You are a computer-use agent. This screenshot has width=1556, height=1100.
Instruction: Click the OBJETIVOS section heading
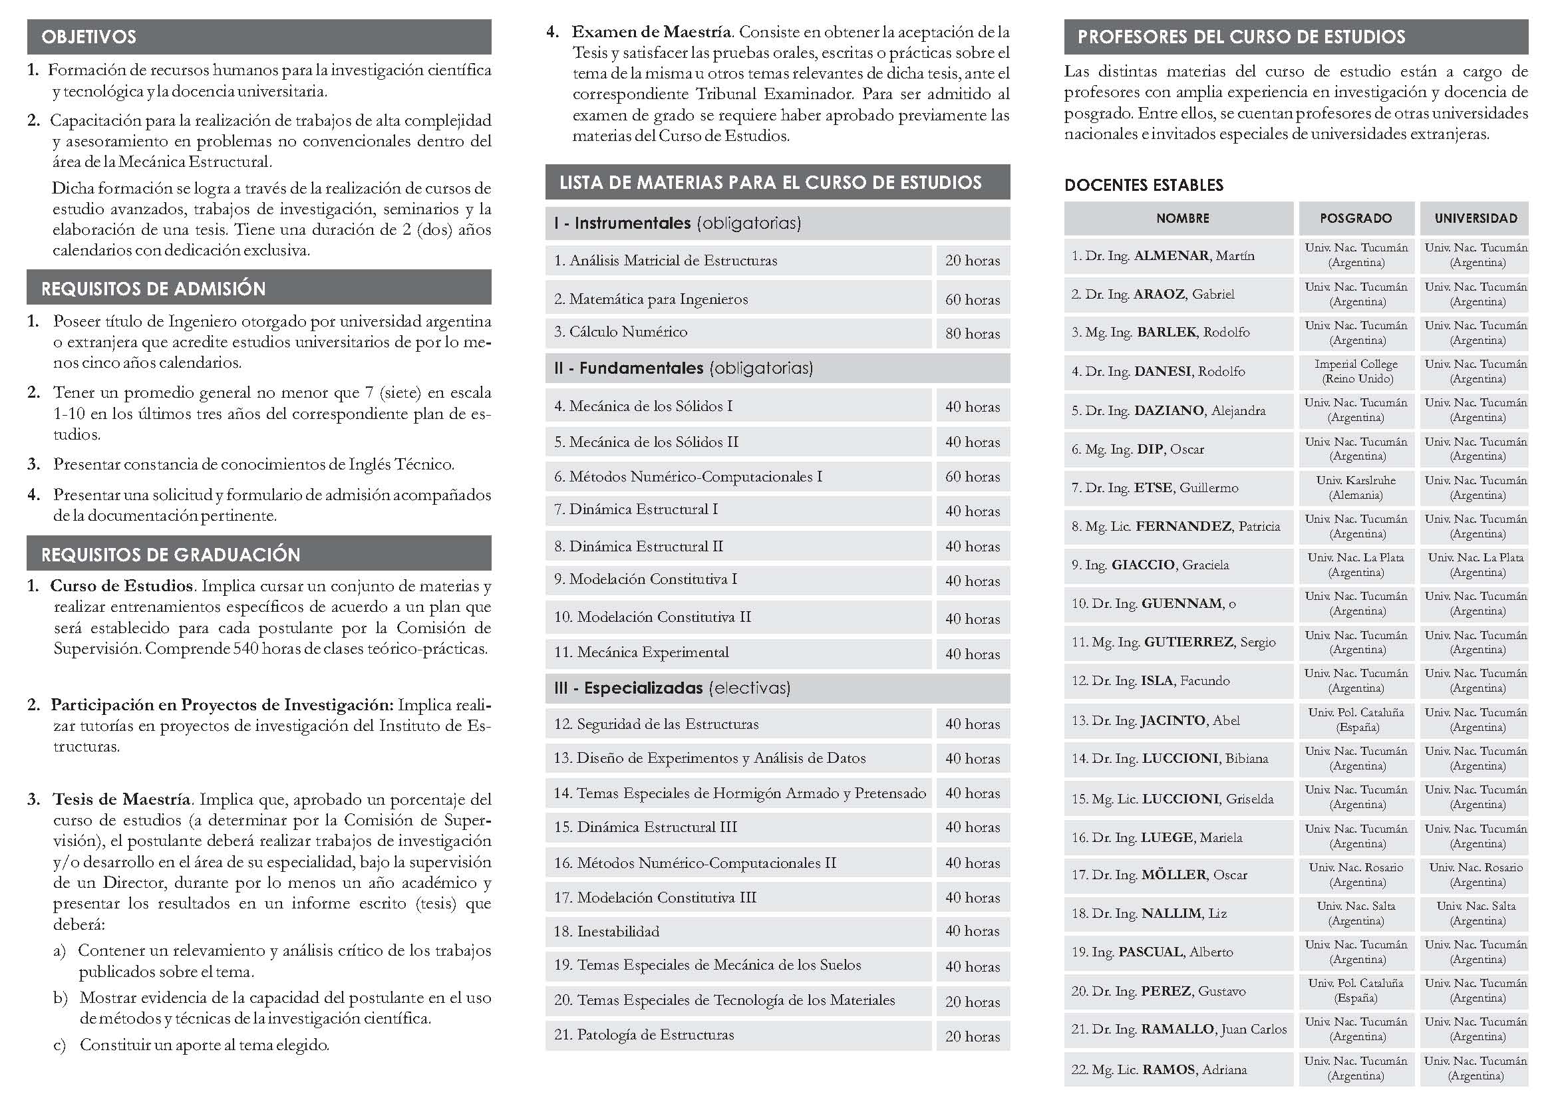(88, 37)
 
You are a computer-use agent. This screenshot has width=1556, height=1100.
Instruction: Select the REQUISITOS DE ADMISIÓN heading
(153, 289)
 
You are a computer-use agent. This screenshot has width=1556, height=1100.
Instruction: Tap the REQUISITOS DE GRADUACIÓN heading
(170, 555)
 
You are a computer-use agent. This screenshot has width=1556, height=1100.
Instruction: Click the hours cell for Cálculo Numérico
(973, 333)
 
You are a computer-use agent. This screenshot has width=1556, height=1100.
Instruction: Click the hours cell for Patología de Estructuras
(973, 1036)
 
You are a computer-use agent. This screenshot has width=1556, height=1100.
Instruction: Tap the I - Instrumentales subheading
(677, 223)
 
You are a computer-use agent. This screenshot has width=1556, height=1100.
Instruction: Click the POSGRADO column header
(1356, 218)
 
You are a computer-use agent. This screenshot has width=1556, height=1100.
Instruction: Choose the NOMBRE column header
(1183, 218)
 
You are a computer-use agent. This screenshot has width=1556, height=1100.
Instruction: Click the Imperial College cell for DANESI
(1356, 371)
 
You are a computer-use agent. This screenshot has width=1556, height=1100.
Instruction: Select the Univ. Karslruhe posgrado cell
(1356, 487)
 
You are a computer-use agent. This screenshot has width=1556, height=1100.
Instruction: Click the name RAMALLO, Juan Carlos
(1213, 1029)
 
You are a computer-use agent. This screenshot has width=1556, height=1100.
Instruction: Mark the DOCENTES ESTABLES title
(1144, 185)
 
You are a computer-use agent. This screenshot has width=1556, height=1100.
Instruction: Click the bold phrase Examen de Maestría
(651, 32)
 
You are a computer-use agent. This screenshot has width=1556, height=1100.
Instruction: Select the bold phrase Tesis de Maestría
(121, 799)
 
